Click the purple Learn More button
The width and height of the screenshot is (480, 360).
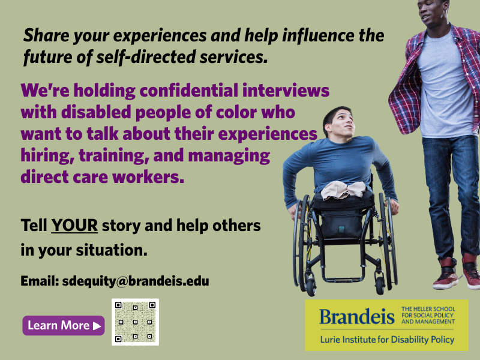(x=64, y=325)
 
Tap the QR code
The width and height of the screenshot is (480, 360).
(x=136, y=322)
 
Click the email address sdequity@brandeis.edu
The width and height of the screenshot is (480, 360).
(x=136, y=281)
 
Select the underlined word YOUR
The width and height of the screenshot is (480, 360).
(x=74, y=226)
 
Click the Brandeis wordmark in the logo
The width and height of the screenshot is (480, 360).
(x=357, y=317)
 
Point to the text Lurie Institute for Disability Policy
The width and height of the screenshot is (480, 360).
(x=387, y=340)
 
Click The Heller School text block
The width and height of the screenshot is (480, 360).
(x=428, y=316)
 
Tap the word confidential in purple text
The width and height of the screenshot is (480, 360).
(x=189, y=91)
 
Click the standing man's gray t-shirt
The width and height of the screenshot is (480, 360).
(x=445, y=86)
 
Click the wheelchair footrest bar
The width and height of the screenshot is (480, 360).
(x=344, y=280)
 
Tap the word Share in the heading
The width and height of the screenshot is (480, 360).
(x=46, y=35)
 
